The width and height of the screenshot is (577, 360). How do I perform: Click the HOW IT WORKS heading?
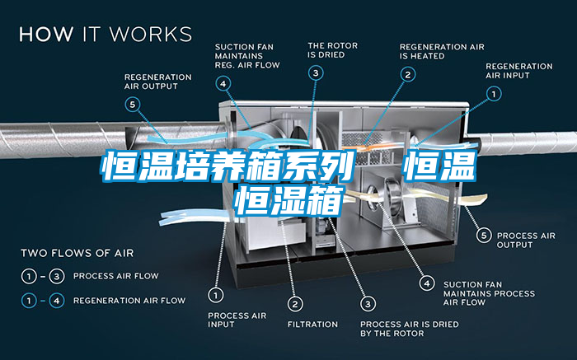pos(106,35)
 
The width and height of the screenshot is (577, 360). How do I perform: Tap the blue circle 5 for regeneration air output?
pos(133,105)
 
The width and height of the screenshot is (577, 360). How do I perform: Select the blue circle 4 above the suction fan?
pos(223,84)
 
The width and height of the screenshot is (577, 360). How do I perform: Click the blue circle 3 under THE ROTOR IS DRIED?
pos(316,73)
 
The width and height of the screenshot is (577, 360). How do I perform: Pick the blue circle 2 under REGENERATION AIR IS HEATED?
pos(408,75)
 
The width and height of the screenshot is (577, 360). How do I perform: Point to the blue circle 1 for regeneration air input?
pos(494,94)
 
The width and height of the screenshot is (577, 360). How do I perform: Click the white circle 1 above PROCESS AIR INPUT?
pos(216,295)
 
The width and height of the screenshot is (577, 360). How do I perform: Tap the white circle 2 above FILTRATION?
pos(295,304)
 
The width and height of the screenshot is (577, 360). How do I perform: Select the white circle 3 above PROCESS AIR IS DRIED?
pos(368,304)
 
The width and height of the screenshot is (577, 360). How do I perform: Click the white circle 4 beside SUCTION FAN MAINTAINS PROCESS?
pos(427,283)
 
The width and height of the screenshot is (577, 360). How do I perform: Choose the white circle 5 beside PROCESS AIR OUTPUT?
pos(484,235)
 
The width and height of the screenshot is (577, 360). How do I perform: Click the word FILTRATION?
pos(312,325)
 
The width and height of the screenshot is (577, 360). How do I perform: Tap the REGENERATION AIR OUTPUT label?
pos(158,82)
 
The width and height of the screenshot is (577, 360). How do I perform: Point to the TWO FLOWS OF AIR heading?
pos(77,253)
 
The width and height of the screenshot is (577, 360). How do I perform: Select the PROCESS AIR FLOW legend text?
pos(116,276)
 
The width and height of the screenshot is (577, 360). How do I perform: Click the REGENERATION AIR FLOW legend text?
pos(129,301)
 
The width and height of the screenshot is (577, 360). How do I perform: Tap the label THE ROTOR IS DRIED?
pos(333,50)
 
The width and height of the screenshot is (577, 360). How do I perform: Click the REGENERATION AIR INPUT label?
pos(518,71)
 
